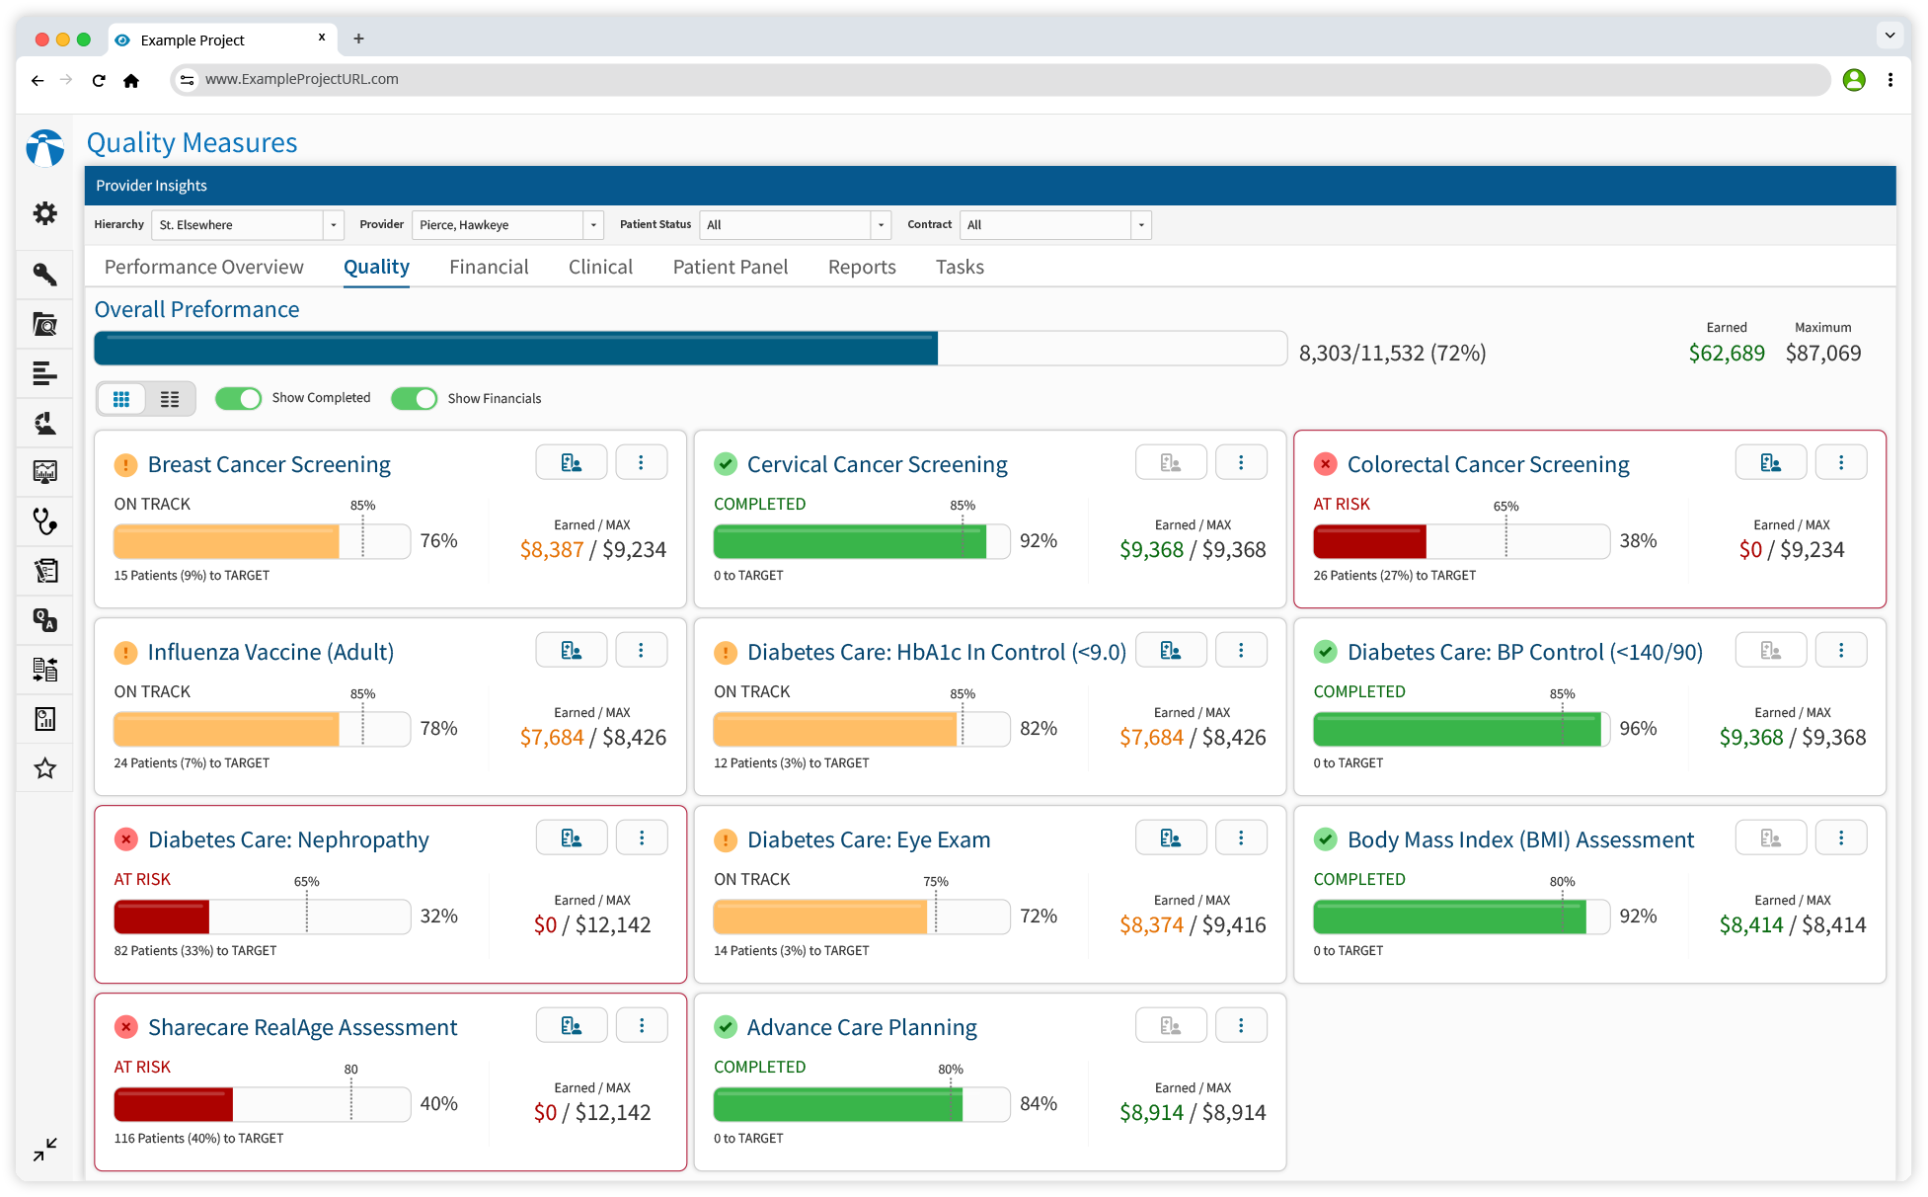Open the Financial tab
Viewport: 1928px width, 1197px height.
click(x=489, y=267)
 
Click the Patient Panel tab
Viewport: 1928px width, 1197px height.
click(x=730, y=267)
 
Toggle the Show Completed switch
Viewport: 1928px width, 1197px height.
click(x=238, y=398)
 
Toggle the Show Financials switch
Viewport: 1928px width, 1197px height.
click(x=414, y=398)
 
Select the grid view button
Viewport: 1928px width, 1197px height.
click(x=121, y=399)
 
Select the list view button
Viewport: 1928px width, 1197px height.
click(x=170, y=399)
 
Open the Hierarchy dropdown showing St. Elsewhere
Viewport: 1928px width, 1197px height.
click(x=247, y=225)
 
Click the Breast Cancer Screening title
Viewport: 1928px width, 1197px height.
click(x=269, y=464)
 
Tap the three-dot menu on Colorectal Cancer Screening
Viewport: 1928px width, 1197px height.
click(x=1840, y=462)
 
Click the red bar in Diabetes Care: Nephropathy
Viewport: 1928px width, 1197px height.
click(x=162, y=917)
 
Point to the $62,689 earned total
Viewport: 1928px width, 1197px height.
click(x=1726, y=354)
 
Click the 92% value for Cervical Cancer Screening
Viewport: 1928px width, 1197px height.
click(x=1038, y=541)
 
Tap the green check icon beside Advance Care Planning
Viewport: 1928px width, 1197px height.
click(x=726, y=1027)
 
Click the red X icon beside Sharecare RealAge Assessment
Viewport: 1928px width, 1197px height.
click(x=126, y=1027)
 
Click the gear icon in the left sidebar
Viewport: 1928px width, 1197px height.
click(x=45, y=213)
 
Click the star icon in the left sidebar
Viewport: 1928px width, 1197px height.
click(x=45, y=768)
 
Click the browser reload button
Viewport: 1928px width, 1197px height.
click(x=99, y=80)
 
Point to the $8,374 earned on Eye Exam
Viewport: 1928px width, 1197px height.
click(x=1151, y=925)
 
